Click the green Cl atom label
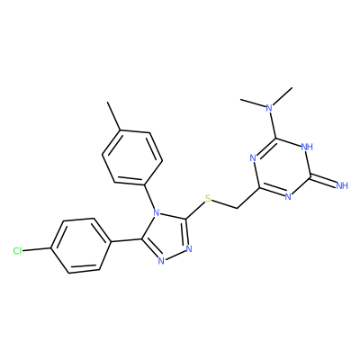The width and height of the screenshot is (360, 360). tap(17, 251)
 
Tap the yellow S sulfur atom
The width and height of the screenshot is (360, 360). tap(208, 198)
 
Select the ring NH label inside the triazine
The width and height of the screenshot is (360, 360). tap(307, 147)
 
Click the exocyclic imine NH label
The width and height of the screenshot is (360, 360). tap(342, 185)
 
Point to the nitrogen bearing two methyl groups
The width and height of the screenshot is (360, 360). tap(270, 108)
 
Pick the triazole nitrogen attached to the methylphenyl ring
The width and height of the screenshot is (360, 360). tap(156, 213)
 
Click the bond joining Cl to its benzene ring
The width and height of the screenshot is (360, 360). tap(37, 249)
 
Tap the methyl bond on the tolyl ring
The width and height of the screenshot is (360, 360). tap(114, 116)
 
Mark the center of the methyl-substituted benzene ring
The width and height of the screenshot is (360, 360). tap(132, 157)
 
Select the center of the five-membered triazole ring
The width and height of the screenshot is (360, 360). tap(166, 237)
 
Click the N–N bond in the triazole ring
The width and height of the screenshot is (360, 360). tap(175, 255)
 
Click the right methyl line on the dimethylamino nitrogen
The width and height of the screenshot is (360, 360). tap(283, 96)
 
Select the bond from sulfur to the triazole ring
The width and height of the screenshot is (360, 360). tap(195, 210)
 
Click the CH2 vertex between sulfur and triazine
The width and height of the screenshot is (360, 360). tap(237, 208)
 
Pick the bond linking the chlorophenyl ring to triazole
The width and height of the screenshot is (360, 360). tap(126, 240)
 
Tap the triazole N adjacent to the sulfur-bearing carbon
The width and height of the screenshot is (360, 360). tap(189, 248)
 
